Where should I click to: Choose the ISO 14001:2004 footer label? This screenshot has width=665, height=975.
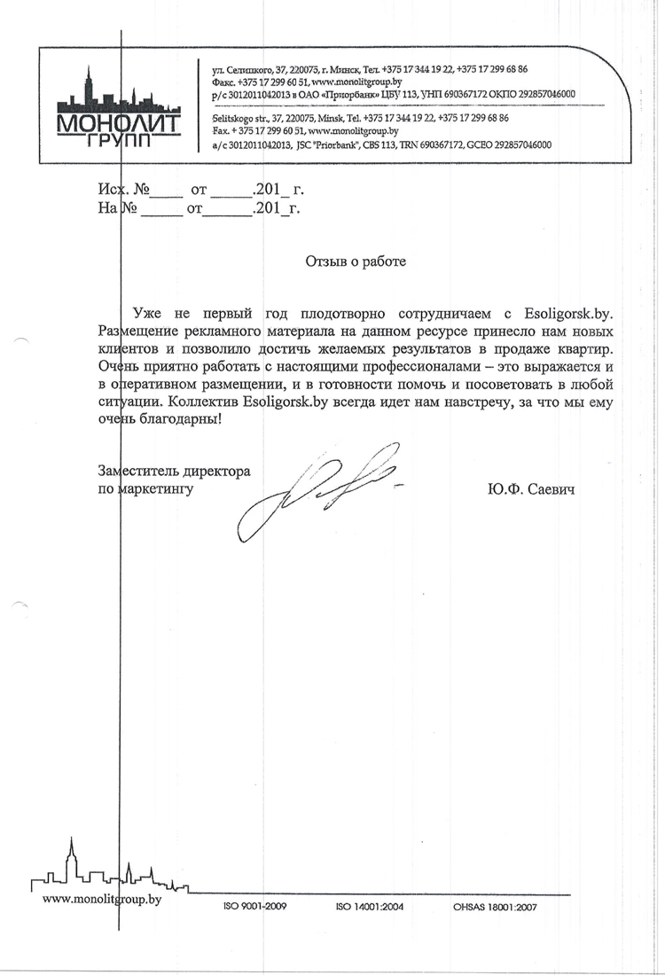pos(370,907)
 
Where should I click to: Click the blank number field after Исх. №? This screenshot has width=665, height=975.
pos(167,190)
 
